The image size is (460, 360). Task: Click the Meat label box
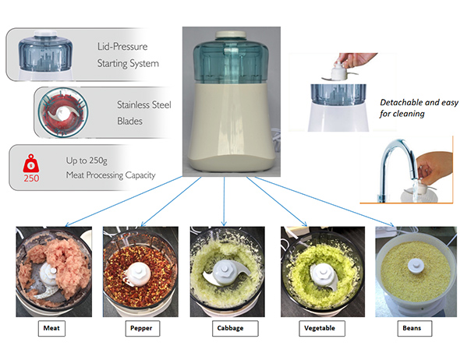click(x=51, y=328)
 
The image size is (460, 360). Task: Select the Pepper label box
click(x=143, y=328)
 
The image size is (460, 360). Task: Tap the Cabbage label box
click(x=235, y=328)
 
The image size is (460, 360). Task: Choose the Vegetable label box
click(x=322, y=328)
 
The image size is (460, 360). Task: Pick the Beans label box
click(x=415, y=328)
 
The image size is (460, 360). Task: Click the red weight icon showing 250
click(x=31, y=168)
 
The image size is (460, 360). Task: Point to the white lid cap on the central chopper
click(x=231, y=34)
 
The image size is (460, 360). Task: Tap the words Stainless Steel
click(x=144, y=104)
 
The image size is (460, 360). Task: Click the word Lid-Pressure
click(x=122, y=46)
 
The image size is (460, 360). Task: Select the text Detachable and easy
click(x=419, y=102)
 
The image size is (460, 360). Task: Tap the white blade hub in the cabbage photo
click(x=224, y=271)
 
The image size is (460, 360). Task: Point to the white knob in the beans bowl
click(x=416, y=265)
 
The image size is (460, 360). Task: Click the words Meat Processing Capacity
click(x=111, y=175)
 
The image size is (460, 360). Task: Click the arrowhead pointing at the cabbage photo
click(x=224, y=224)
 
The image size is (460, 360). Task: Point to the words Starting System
click(x=128, y=63)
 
